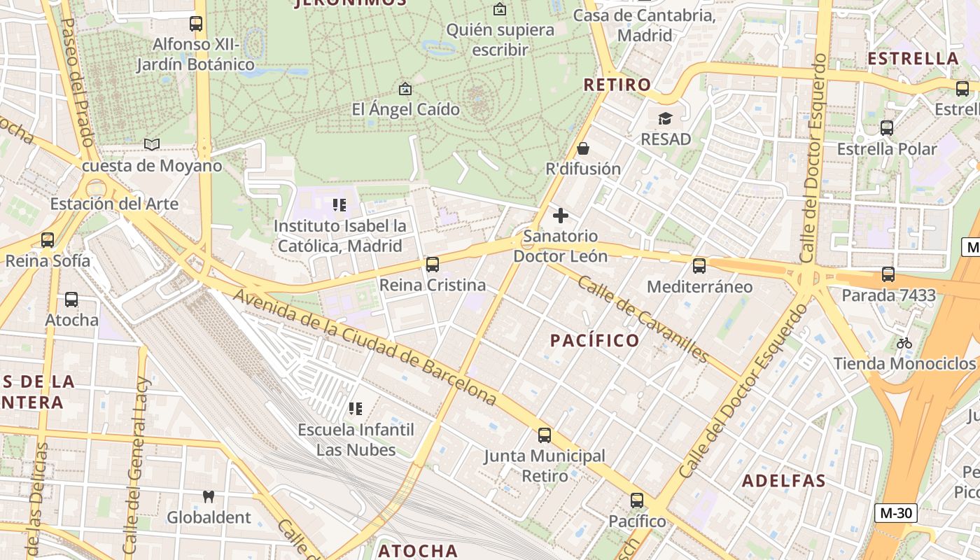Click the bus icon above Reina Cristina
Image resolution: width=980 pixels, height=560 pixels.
[433, 265]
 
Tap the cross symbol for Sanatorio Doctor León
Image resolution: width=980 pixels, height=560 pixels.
[561, 216]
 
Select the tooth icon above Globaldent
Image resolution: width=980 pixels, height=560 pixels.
[208, 497]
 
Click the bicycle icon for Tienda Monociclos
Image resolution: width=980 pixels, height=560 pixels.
[904, 343]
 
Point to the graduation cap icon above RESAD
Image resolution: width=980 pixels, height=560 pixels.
[665, 118]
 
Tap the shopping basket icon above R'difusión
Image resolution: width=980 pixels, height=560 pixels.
[583, 148]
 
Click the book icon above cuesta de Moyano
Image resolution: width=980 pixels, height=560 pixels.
[152, 145]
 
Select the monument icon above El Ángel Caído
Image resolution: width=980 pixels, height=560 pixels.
[405, 89]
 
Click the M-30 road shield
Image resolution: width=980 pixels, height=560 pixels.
[896, 513]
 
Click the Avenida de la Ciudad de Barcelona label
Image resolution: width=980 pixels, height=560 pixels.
[365, 347]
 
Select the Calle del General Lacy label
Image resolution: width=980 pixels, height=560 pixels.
[136, 465]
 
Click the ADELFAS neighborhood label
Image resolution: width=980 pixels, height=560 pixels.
[784, 481]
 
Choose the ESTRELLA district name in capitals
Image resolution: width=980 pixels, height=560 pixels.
[913, 58]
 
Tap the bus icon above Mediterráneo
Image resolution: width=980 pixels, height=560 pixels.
[699, 266]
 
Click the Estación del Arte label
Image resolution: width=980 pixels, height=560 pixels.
[114, 204]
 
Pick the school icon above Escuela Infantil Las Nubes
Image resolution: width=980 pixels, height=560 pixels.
[356, 408]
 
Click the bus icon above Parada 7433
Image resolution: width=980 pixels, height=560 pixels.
[888, 274]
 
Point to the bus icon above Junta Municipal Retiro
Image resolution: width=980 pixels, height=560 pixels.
[545, 435]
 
